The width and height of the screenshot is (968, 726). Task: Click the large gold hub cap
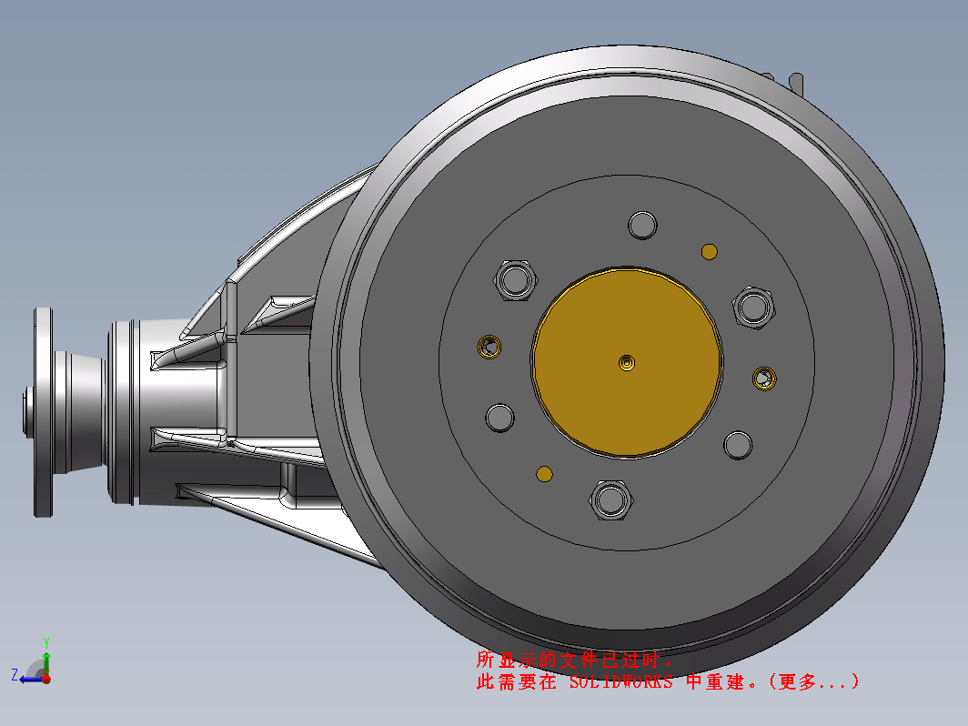pyautogui.click(x=626, y=363)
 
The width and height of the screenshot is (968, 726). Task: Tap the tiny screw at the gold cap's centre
pyautogui.click(x=627, y=362)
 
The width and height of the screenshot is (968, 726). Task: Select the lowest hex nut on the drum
pyautogui.click(x=610, y=499)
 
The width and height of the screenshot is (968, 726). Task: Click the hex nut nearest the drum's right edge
pyautogui.click(x=753, y=307)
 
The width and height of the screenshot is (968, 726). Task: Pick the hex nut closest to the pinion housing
pyautogui.click(x=515, y=280)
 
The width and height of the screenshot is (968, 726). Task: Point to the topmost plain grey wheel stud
pyautogui.click(x=642, y=225)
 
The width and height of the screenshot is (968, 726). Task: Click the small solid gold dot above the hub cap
pyautogui.click(x=710, y=252)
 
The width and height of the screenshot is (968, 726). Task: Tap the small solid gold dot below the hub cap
pyautogui.click(x=544, y=474)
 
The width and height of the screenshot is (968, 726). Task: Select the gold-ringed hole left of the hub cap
pyautogui.click(x=489, y=347)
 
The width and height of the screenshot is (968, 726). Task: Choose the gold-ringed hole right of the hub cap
pyautogui.click(x=764, y=378)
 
